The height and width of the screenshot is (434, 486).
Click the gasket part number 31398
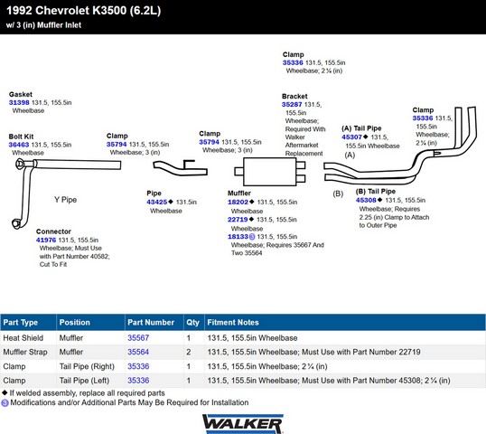(19, 102)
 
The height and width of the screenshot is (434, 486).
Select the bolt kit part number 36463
(19, 145)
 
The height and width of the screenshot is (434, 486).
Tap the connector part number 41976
(46, 240)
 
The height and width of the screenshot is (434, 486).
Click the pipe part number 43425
(157, 202)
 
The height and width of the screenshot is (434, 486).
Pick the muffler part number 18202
(238, 202)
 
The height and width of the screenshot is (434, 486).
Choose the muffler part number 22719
(238, 220)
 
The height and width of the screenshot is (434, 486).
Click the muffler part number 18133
(238, 236)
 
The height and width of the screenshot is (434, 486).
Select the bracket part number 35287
(292, 105)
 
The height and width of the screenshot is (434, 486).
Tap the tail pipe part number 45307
(351, 137)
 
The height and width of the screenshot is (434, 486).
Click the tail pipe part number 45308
(366, 200)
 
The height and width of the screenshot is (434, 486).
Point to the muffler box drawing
(270, 172)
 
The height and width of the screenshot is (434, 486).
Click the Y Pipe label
(65, 200)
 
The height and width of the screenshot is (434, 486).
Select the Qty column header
(192, 322)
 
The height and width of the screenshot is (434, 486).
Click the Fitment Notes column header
(233, 322)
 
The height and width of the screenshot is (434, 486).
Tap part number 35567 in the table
(138, 338)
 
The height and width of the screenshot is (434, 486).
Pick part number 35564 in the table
(138, 352)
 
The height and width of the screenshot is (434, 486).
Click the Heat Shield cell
(23, 338)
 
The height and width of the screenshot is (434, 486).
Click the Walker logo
(243, 424)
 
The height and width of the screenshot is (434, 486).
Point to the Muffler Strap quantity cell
(189, 352)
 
